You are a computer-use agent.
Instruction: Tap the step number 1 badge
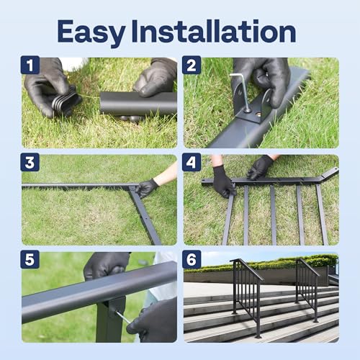[30, 66]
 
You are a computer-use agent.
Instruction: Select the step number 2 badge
[192, 66]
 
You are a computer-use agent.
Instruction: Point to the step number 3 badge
[30, 163]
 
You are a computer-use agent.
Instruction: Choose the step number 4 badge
[192, 163]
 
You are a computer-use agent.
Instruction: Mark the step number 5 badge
[30, 259]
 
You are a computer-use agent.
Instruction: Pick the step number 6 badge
[192, 259]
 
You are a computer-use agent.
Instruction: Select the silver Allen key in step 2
[242, 86]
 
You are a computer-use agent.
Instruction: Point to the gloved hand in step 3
[148, 187]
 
